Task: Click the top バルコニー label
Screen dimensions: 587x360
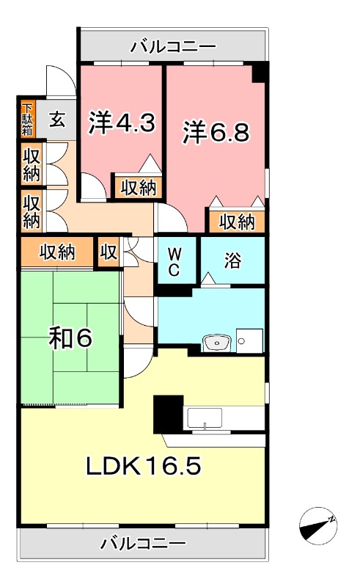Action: pyautogui.click(x=173, y=47)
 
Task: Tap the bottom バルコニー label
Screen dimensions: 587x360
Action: pyautogui.click(x=144, y=544)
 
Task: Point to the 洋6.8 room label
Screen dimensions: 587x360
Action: pyautogui.click(x=216, y=132)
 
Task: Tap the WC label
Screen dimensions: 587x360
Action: pyautogui.click(x=175, y=261)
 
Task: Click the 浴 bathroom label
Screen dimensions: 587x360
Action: pyautogui.click(x=232, y=260)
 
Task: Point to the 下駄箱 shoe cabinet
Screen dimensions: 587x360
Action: pyautogui.click(x=27, y=118)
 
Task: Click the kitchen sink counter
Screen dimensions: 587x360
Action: pyautogui.click(x=204, y=418)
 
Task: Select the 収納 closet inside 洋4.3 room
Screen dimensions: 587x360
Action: pyautogui.click(x=137, y=187)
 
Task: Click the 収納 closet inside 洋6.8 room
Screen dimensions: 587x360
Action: pyautogui.click(x=236, y=221)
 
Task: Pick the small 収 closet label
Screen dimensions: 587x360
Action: pyautogui.click(x=109, y=253)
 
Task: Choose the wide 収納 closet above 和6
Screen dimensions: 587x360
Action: pyautogui.click(x=57, y=253)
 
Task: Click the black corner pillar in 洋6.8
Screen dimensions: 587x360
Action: pyautogui.click(x=260, y=73)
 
